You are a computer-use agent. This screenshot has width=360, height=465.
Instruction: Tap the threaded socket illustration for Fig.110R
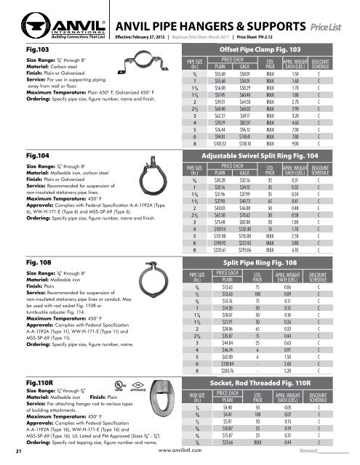point(156,402)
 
